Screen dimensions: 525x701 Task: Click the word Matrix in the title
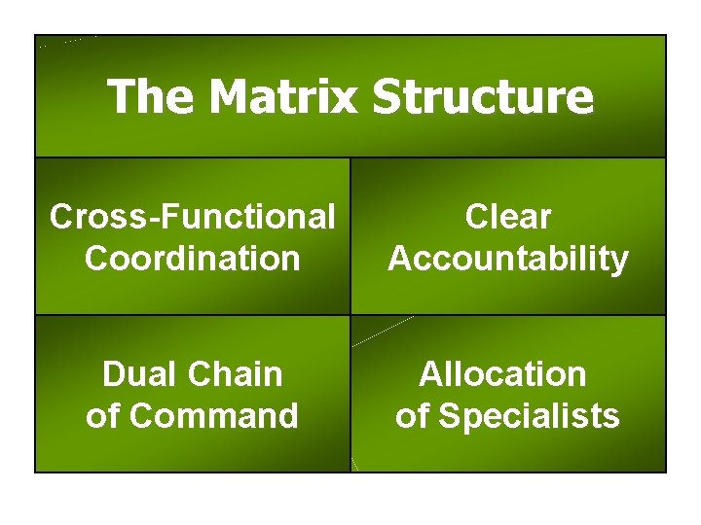[283, 96]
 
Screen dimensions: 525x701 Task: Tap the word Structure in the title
[482, 96]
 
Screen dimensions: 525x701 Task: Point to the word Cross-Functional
[193, 217]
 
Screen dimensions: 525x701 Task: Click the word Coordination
[193, 259]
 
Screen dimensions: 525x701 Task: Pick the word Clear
[508, 217]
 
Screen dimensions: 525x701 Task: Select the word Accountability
[508, 259]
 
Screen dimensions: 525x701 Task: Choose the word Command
[214, 416]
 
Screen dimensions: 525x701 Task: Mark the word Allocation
[503, 374]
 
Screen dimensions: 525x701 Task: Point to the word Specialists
[530, 416]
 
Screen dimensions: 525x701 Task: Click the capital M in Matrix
[232, 96]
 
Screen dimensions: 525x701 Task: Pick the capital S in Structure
[387, 96]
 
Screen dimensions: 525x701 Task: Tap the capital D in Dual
[113, 374]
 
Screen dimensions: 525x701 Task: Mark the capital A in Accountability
[399, 259]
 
